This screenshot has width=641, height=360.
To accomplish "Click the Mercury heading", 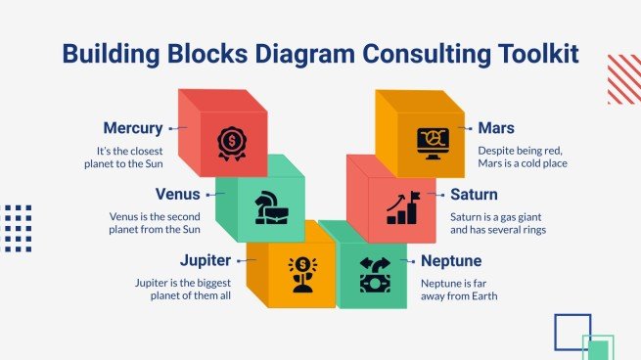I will [x=132, y=128].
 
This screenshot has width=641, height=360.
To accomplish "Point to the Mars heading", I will [x=497, y=128].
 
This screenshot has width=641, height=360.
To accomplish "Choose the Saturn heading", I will [x=474, y=194].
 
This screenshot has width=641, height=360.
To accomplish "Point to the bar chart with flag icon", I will [x=403, y=206].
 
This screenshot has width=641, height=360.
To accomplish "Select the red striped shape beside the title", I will [x=623, y=78].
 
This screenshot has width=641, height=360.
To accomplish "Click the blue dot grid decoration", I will [x=18, y=229].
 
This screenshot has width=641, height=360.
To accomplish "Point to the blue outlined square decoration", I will [x=572, y=331].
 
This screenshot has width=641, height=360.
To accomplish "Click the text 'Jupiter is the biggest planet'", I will [x=183, y=289].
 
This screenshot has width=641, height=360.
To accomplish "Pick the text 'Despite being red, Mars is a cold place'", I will [x=523, y=157].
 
